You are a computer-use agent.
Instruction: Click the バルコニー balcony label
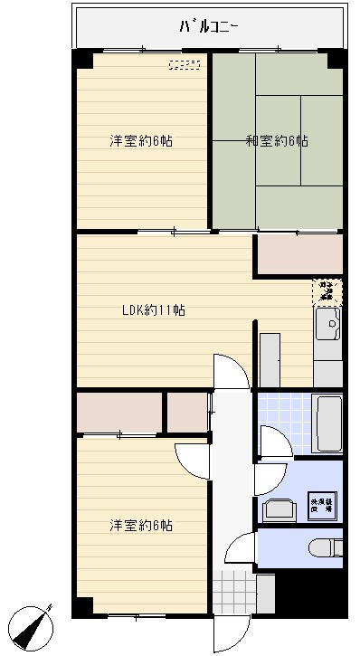[208, 26]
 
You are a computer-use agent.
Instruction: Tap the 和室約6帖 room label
[276, 140]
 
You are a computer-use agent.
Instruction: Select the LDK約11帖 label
[154, 309]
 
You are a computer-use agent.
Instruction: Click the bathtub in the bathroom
[327, 423]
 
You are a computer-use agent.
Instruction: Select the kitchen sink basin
[327, 320]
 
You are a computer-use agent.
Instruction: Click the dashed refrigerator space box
[327, 291]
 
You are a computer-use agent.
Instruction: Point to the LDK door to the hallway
[230, 371]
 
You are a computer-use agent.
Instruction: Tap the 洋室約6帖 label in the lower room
[142, 525]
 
